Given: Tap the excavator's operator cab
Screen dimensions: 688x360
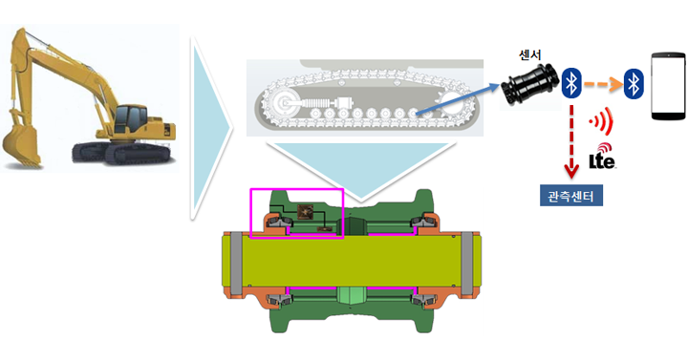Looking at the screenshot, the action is coord(130,118).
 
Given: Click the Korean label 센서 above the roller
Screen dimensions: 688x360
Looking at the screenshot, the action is coord(529,54).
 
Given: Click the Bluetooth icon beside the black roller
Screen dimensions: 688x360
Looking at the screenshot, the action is coord(571,82).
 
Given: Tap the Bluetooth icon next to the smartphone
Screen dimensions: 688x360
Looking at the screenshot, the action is coord(634,82).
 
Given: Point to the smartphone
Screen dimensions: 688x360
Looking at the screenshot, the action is coord(668,86).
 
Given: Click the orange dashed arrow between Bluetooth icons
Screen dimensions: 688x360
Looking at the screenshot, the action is coord(603,84).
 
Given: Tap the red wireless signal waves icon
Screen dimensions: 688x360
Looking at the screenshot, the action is coord(602,120).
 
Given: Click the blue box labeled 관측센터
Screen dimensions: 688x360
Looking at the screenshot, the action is coord(570,196).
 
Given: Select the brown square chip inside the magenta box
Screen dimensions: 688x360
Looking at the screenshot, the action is coord(304,212).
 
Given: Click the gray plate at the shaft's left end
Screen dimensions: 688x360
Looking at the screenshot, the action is coord(236,264).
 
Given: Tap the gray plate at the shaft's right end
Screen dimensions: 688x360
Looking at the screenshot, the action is coord(467,264).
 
